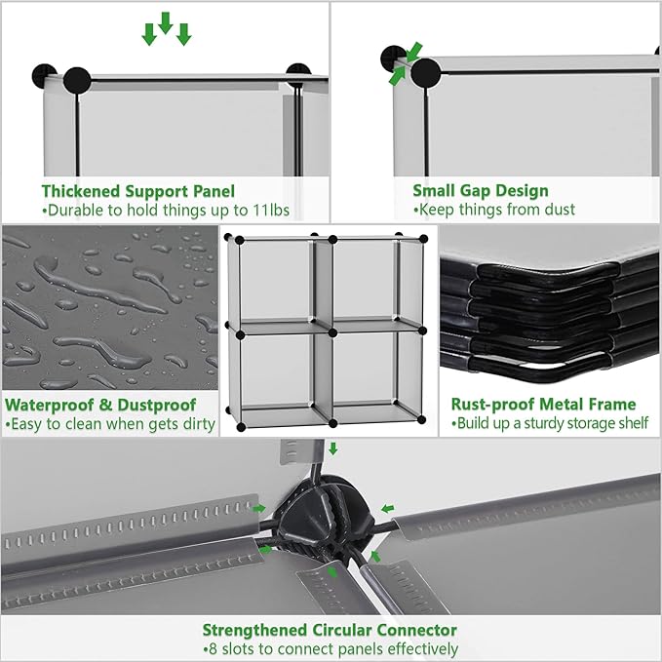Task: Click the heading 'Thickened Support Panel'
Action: (x=138, y=191)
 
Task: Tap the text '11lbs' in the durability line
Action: (x=271, y=210)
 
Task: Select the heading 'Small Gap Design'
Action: (x=481, y=190)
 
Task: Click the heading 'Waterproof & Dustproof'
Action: (x=100, y=405)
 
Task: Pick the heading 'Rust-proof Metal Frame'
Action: (x=543, y=404)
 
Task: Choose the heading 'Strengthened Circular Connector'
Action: (x=330, y=630)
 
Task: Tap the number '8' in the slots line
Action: (x=213, y=648)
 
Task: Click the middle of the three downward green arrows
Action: (x=166, y=22)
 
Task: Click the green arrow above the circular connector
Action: (x=333, y=448)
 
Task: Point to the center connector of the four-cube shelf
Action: (x=332, y=333)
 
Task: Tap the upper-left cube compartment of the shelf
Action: (x=276, y=282)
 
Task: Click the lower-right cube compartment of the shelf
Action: (x=365, y=370)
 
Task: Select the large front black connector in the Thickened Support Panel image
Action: (x=77, y=80)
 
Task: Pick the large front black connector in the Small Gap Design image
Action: (x=425, y=72)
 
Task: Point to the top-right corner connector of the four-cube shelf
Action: (x=423, y=240)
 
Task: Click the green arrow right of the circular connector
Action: (x=388, y=509)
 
